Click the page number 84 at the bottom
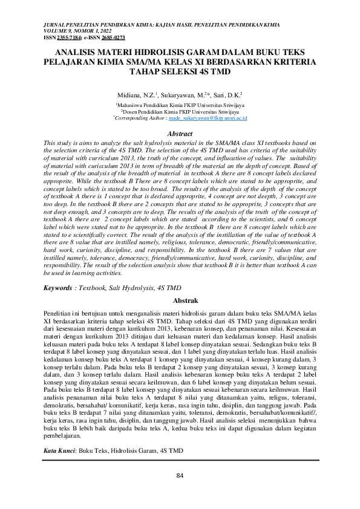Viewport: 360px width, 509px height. pos(180,475)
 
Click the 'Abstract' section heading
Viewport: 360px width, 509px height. pos(180,133)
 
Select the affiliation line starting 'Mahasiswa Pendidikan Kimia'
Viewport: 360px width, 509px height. pos(180,105)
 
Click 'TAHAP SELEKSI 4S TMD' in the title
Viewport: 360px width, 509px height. pos(180,71)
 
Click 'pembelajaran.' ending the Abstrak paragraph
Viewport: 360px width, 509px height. pos(63,435)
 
